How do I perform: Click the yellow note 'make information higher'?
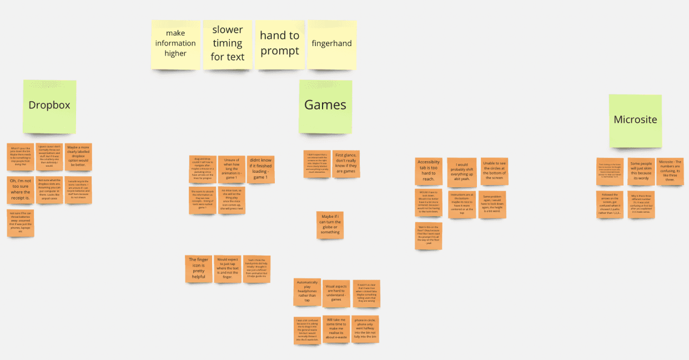[175, 44]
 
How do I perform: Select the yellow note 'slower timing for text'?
[228, 44]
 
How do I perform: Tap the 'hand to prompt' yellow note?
[279, 44]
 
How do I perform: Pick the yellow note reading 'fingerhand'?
[331, 44]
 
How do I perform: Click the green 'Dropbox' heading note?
[49, 106]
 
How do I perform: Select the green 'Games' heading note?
[325, 106]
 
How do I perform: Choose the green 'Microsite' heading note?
[635, 120]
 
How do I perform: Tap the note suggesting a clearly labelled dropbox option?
[78, 157]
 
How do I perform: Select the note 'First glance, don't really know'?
[346, 164]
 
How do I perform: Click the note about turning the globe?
[330, 224]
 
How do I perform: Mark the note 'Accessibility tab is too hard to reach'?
[429, 171]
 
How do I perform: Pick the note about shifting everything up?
[462, 172]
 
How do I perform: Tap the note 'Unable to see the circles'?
[494, 171]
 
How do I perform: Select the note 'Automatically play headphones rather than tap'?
[306, 292]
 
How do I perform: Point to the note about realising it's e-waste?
[336, 329]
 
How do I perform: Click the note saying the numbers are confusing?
[670, 171]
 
